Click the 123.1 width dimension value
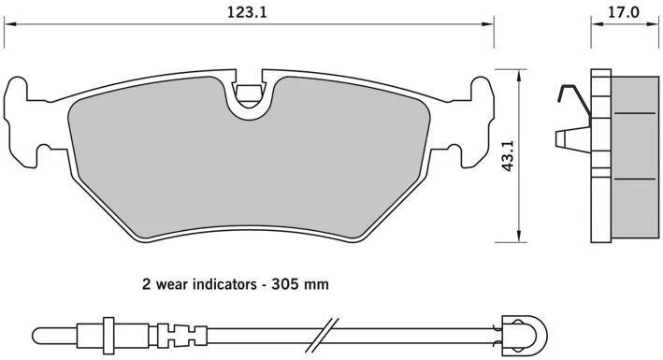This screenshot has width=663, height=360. pos(248,12)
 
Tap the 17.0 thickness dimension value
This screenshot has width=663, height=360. pos(624,12)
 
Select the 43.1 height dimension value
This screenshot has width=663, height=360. pos(508,155)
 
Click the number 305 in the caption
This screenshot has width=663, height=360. pos(284,284)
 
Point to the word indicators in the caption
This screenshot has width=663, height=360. pos(224,284)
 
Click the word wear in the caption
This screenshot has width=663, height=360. pos(172,284)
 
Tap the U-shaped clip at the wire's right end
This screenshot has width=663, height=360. pos(525,330)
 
